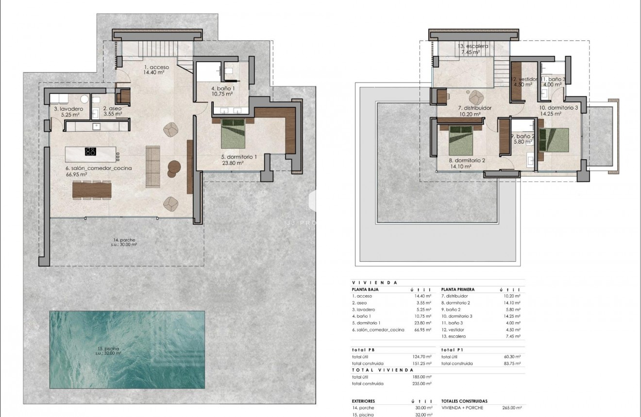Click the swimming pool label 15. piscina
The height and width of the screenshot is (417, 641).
(111, 349)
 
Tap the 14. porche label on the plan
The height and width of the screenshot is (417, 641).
(124, 240)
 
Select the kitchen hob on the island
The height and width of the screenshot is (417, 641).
(90, 151)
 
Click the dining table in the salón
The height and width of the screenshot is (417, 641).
(92, 189)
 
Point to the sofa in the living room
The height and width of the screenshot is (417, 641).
(153, 167)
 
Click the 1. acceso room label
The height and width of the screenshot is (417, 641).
(156, 67)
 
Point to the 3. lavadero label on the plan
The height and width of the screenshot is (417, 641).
(68, 109)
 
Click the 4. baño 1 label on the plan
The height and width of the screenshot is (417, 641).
(223, 89)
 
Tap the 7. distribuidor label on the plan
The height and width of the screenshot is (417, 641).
(475, 108)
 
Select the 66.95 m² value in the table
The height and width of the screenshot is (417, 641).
(422, 330)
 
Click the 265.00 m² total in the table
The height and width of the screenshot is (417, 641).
(512, 408)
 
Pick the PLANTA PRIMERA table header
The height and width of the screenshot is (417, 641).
(458, 289)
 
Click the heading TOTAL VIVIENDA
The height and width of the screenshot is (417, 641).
(382, 370)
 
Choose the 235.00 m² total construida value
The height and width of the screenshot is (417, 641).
(422, 384)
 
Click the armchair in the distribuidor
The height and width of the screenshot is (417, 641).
(475, 96)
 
